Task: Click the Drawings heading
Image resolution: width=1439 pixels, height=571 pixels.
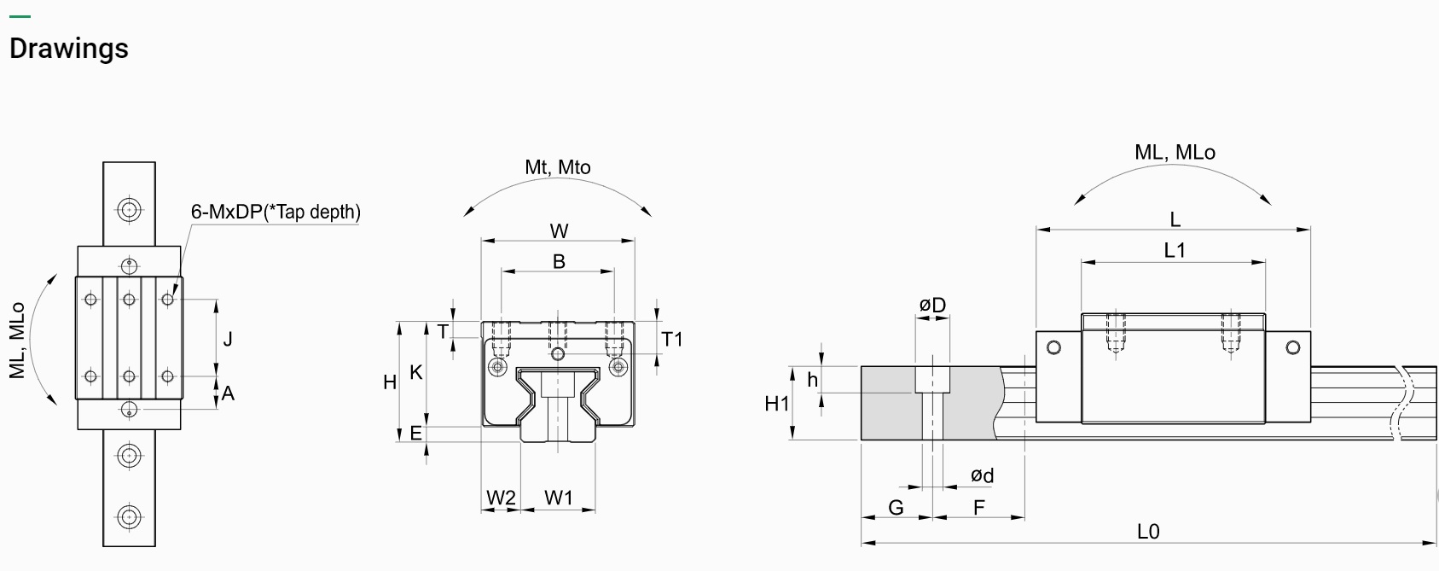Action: click(x=68, y=49)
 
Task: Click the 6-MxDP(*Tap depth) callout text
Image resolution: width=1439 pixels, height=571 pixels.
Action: click(x=276, y=212)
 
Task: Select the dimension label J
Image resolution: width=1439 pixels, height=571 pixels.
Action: click(x=228, y=340)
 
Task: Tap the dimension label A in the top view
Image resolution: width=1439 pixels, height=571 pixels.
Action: click(x=228, y=393)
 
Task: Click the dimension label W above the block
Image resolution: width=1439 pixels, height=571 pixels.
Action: click(x=559, y=231)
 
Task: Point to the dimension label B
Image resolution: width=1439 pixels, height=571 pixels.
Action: click(x=559, y=261)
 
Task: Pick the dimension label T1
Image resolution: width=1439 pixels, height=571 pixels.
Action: click(x=672, y=340)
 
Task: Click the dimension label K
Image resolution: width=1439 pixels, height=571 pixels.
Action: click(x=416, y=372)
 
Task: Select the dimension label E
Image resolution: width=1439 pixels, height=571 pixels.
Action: click(x=416, y=434)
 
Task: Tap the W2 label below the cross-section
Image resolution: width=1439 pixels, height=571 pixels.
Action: click(x=501, y=498)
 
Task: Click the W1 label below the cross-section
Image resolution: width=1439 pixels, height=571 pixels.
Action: click(x=559, y=498)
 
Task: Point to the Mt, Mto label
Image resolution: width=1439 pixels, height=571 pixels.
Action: click(x=558, y=167)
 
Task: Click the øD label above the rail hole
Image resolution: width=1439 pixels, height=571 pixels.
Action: click(x=932, y=305)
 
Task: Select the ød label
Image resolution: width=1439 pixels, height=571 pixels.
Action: click(x=982, y=475)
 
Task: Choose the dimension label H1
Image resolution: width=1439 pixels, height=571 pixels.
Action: click(x=777, y=404)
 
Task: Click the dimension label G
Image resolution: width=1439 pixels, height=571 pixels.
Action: click(x=896, y=508)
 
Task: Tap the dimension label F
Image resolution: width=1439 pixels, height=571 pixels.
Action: click(x=979, y=508)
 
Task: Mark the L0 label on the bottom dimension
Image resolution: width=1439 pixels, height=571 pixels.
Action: click(x=1148, y=532)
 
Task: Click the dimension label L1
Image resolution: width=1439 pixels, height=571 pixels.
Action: click(x=1175, y=250)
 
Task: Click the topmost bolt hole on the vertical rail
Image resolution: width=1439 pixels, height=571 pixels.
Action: click(x=129, y=209)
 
